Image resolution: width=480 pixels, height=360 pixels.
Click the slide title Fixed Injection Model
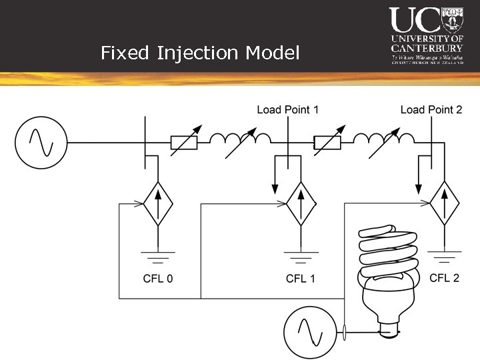coord(200,53)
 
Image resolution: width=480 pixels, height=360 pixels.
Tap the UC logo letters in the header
coord(415,20)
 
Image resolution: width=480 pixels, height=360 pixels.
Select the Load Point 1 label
coord(288,109)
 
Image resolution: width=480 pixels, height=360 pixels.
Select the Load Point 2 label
coord(431,109)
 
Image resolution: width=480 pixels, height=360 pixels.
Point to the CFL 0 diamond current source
coord(157,203)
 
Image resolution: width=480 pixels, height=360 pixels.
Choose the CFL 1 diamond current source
coord(301,203)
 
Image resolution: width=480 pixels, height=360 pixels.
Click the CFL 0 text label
coord(158,279)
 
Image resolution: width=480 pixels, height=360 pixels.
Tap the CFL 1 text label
coord(301,279)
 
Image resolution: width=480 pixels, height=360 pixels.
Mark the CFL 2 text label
coord(444,277)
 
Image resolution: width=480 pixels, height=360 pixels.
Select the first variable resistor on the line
coord(184,142)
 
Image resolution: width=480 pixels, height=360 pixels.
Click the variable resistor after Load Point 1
coord(327,142)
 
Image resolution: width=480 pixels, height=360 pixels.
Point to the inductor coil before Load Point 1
coord(240,139)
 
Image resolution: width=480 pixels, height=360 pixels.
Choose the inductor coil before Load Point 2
coord(383,139)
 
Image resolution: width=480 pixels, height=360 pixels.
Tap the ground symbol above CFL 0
coord(157,256)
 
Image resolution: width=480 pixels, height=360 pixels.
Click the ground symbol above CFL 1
coord(301,256)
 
